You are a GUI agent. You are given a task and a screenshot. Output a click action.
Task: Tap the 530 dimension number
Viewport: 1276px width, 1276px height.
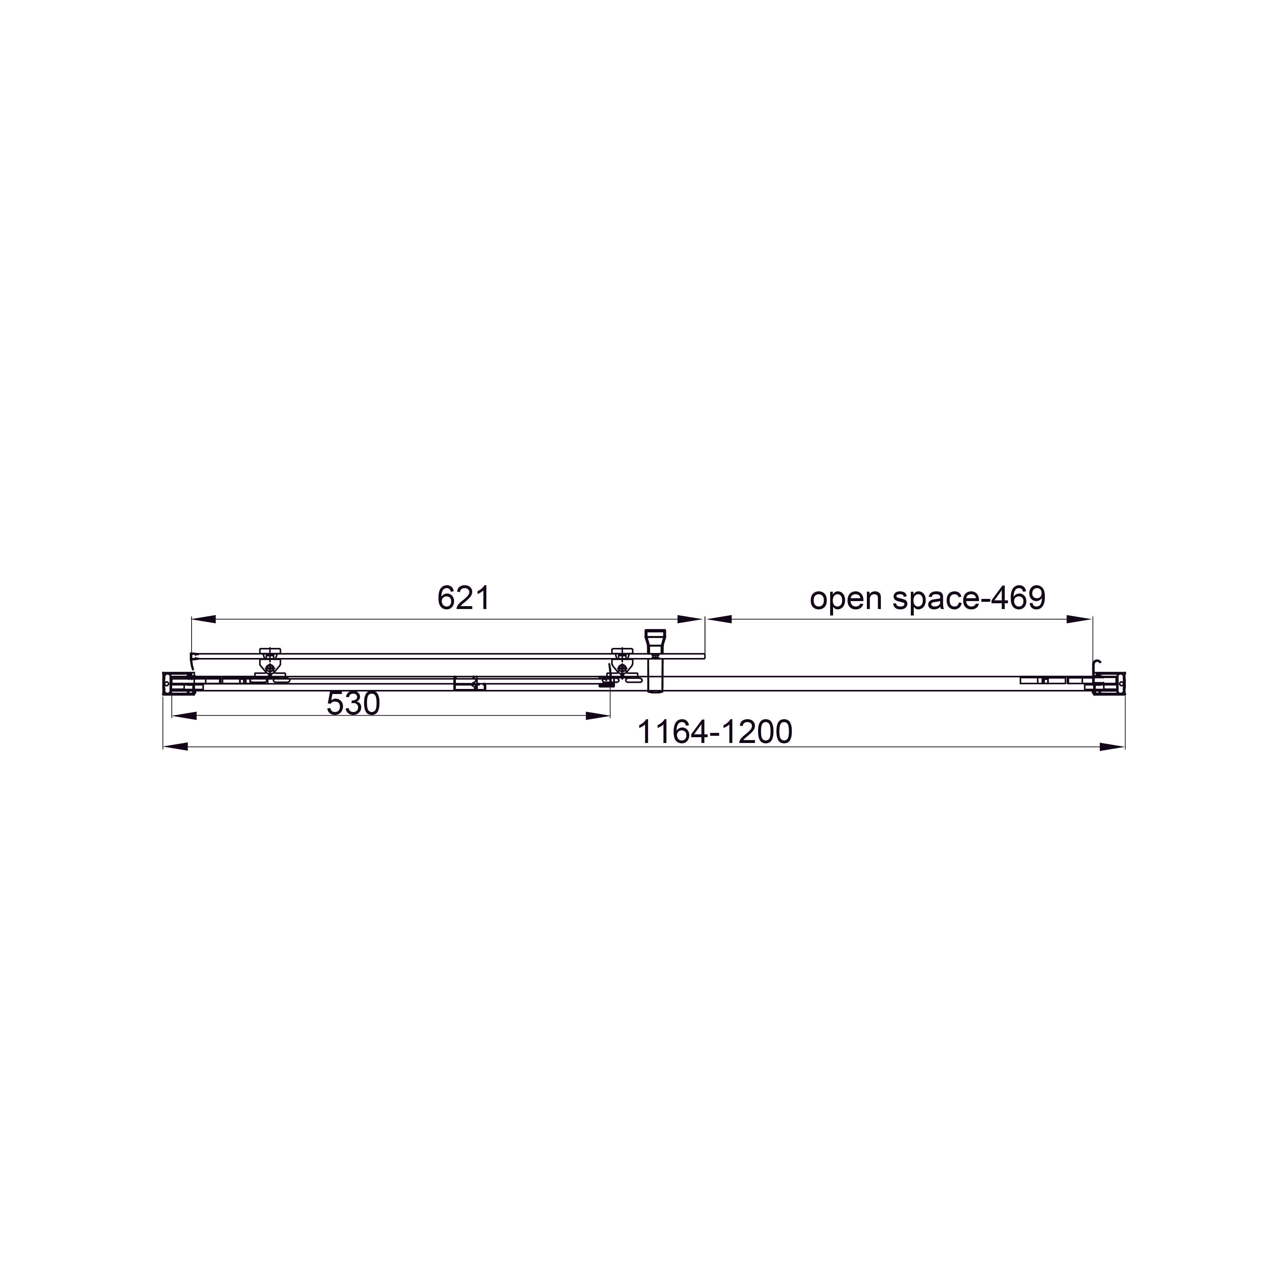353,704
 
